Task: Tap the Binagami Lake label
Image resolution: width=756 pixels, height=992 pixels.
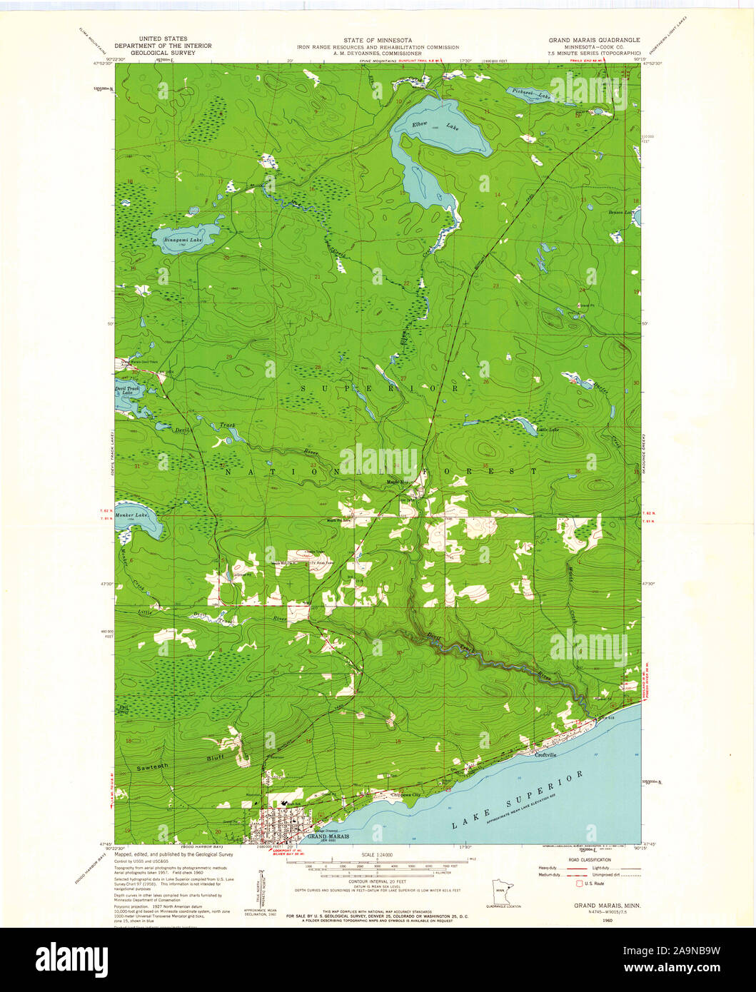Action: [x=183, y=240]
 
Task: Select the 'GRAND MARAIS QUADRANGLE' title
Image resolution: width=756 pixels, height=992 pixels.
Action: [x=594, y=40]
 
